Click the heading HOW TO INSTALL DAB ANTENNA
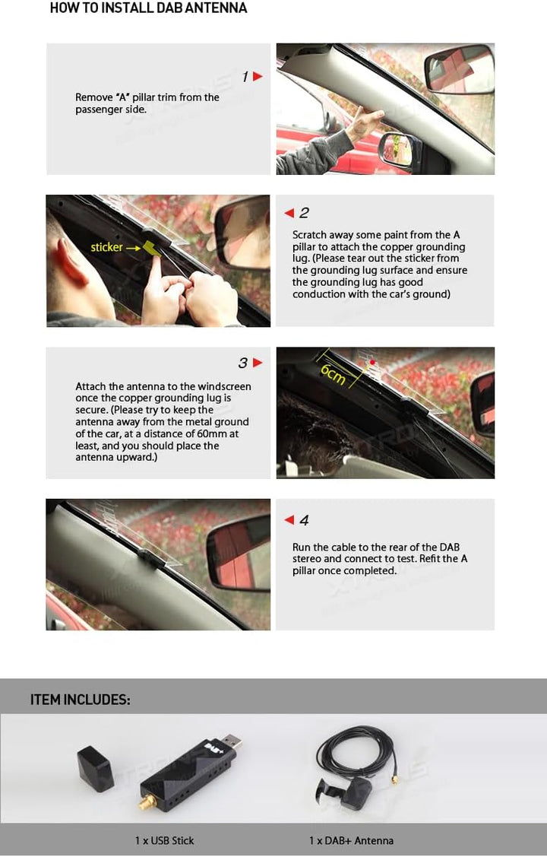[x=148, y=8]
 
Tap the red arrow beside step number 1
[x=258, y=77]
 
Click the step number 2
[x=304, y=213]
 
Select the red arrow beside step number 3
[x=258, y=363]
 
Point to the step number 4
[x=304, y=520]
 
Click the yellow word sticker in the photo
[x=106, y=247]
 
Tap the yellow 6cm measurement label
[x=333, y=373]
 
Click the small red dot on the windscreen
[x=372, y=362]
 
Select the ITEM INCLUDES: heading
[x=81, y=700]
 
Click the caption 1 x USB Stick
[x=164, y=840]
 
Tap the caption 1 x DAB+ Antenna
[x=351, y=840]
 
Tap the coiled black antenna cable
[x=358, y=754]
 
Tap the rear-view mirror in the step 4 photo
[x=239, y=553]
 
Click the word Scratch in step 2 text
[x=309, y=235]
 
